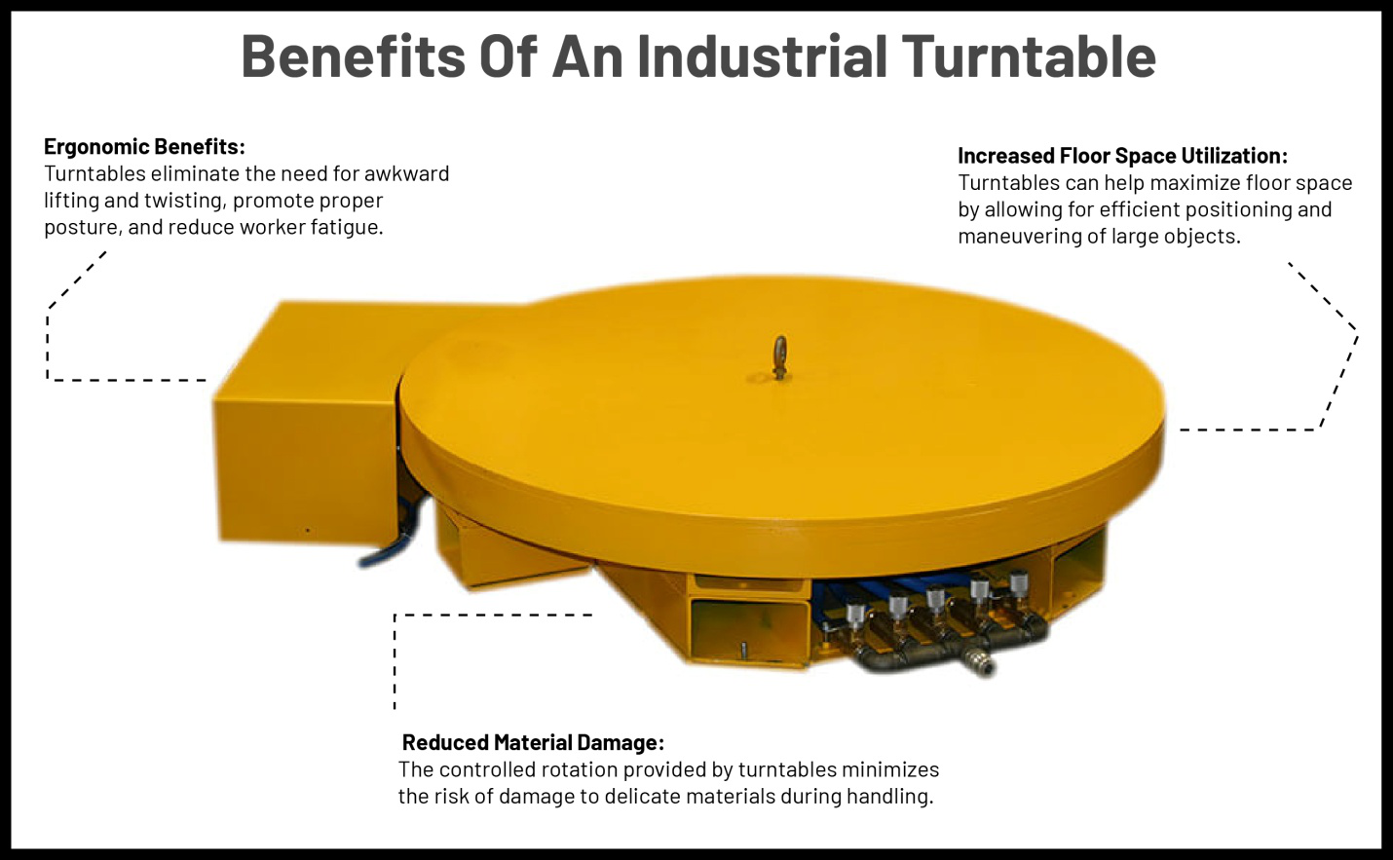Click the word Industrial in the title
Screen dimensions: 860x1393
[x=762, y=56]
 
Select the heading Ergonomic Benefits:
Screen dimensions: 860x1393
[x=144, y=147]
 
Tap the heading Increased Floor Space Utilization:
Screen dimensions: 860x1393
[x=1122, y=156]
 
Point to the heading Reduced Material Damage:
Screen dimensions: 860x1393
[x=533, y=743]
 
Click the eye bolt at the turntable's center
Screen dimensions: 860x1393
[x=779, y=356]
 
